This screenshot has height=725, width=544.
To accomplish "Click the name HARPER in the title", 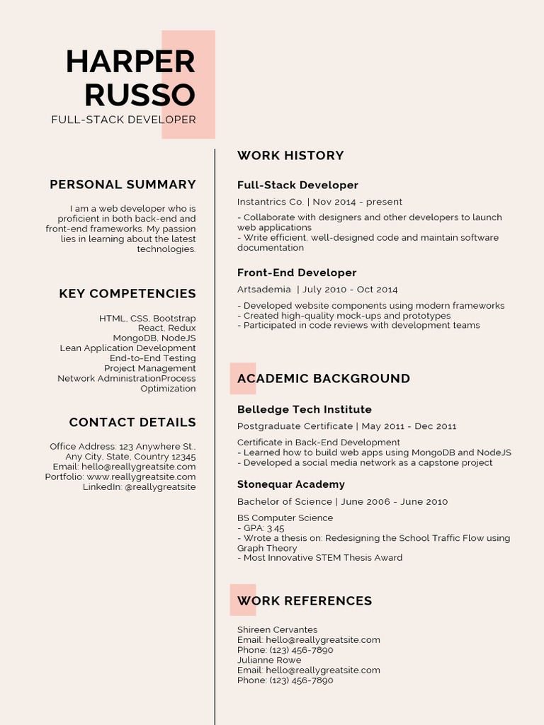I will click(130, 62).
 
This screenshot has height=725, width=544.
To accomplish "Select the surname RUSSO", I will click(140, 96).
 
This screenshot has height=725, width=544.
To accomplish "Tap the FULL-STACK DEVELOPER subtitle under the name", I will click(123, 120).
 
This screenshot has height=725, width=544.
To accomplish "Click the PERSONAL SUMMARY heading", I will click(123, 185).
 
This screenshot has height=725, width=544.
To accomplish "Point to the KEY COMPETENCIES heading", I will click(127, 294).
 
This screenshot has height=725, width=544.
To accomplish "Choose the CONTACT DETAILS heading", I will click(132, 423).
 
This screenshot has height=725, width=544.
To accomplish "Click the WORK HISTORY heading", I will click(290, 156).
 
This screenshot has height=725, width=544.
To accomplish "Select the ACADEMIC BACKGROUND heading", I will click(324, 379).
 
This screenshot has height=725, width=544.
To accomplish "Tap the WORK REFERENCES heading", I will click(305, 601).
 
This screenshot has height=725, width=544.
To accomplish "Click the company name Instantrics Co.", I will click(270, 202).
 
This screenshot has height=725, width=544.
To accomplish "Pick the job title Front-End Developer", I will click(297, 273).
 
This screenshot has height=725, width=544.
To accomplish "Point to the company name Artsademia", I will click(263, 290).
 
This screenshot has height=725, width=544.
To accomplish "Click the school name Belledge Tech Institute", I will click(305, 410).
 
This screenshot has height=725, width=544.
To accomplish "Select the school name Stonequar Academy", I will click(291, 485).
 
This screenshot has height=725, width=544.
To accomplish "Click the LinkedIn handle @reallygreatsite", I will click(160, 487).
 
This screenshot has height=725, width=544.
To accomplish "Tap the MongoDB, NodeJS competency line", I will click(154, 338).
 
